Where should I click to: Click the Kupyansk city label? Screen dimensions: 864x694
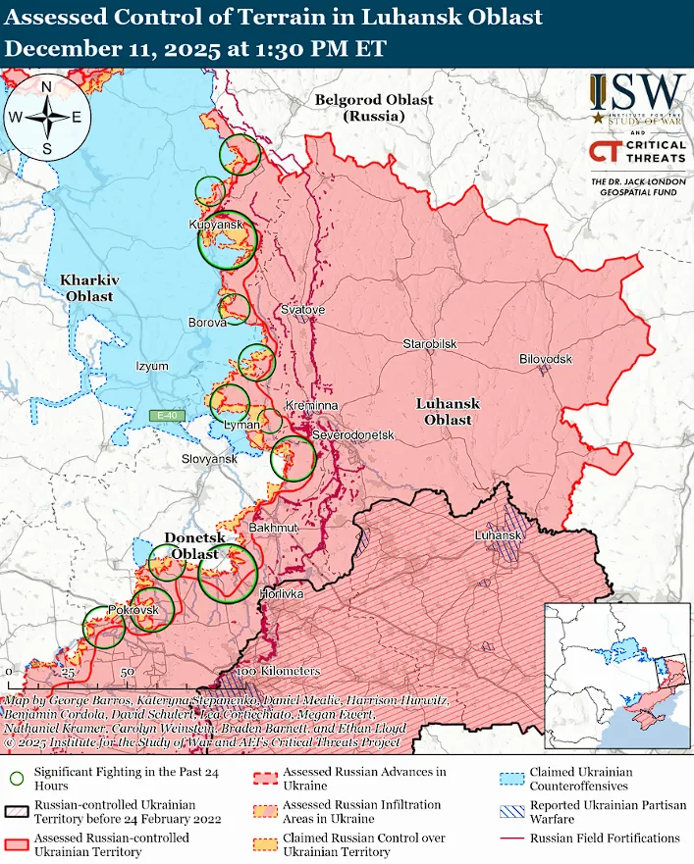[216, 226]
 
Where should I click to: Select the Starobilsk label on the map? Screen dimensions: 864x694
[429, 344]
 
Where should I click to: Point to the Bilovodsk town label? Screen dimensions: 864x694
[545, 360]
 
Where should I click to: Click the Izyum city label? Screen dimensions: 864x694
[152, 367]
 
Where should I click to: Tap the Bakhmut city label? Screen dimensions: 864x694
[272, 528]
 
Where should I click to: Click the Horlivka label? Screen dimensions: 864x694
[281, 595]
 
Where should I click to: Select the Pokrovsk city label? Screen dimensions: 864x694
[133, 610]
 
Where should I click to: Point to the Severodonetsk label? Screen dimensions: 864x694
[351, 434]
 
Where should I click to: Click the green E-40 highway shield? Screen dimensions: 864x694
[166, 416]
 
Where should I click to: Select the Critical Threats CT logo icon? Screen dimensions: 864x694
[605, 152]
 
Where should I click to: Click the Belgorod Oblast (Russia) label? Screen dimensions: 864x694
[360, 108]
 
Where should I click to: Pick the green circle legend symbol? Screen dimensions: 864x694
[16, 779]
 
